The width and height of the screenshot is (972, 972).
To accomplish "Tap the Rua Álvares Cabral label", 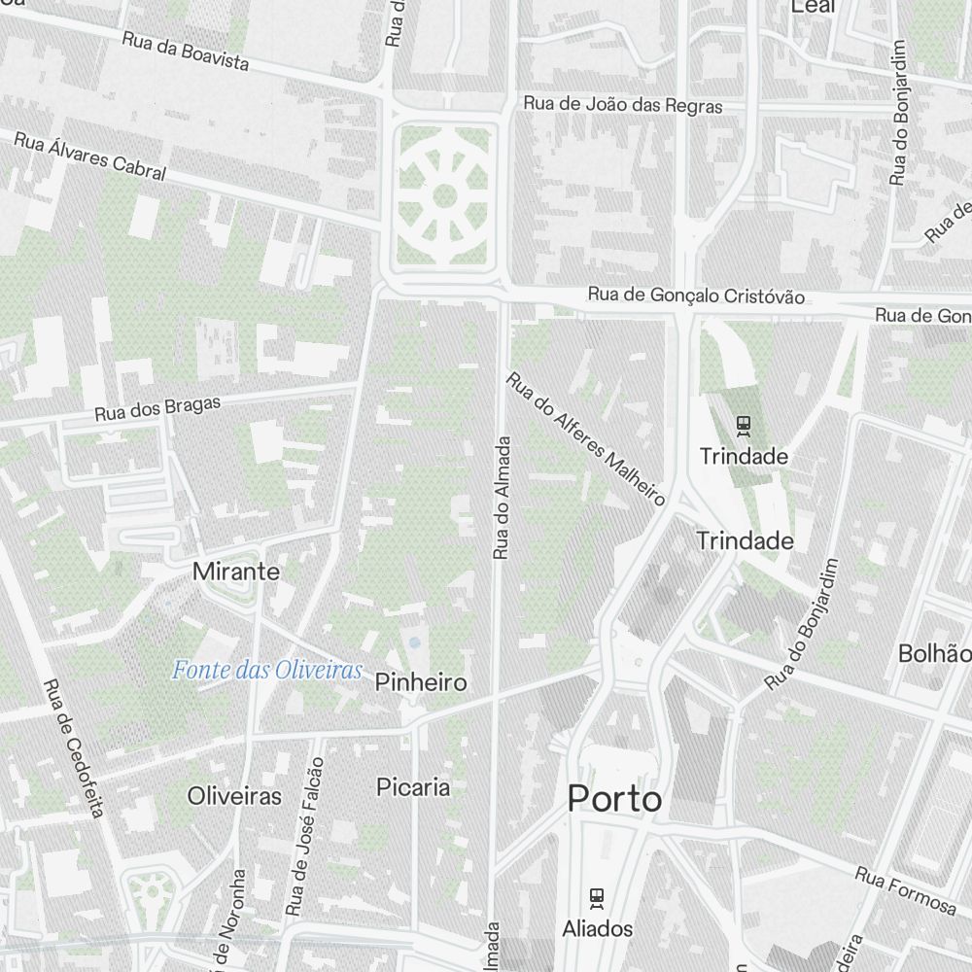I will pos(89,156).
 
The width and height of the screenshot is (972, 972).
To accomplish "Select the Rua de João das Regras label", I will pos(623,104).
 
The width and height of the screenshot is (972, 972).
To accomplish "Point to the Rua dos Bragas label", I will pos(157,408).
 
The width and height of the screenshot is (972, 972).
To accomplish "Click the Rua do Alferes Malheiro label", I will pos(585,438).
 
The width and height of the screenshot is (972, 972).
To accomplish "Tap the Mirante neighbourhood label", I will pos(236,572).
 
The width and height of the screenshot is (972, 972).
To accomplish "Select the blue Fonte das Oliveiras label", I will pos(267,670).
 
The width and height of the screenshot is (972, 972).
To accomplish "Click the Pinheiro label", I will pos(421,682).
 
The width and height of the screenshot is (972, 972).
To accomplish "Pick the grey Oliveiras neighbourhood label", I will pos(234,796).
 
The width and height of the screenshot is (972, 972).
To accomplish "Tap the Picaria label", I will pos(413,786).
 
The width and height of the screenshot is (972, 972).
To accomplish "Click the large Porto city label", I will pos(614,799).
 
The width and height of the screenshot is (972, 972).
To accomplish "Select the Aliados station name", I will pos(597,928).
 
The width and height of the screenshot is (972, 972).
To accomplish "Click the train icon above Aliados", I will pos(597,897).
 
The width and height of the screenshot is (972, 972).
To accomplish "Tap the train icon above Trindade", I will pos(744,425).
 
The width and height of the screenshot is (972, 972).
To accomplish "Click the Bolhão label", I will pos(935,653).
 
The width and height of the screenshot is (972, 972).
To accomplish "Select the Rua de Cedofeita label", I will pos(73,746).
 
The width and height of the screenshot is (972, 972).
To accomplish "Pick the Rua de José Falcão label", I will pos(304,836).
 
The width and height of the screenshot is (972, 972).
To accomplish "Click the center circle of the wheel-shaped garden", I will pos(444,195).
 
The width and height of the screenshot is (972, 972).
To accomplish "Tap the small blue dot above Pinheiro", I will pos(415,642).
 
